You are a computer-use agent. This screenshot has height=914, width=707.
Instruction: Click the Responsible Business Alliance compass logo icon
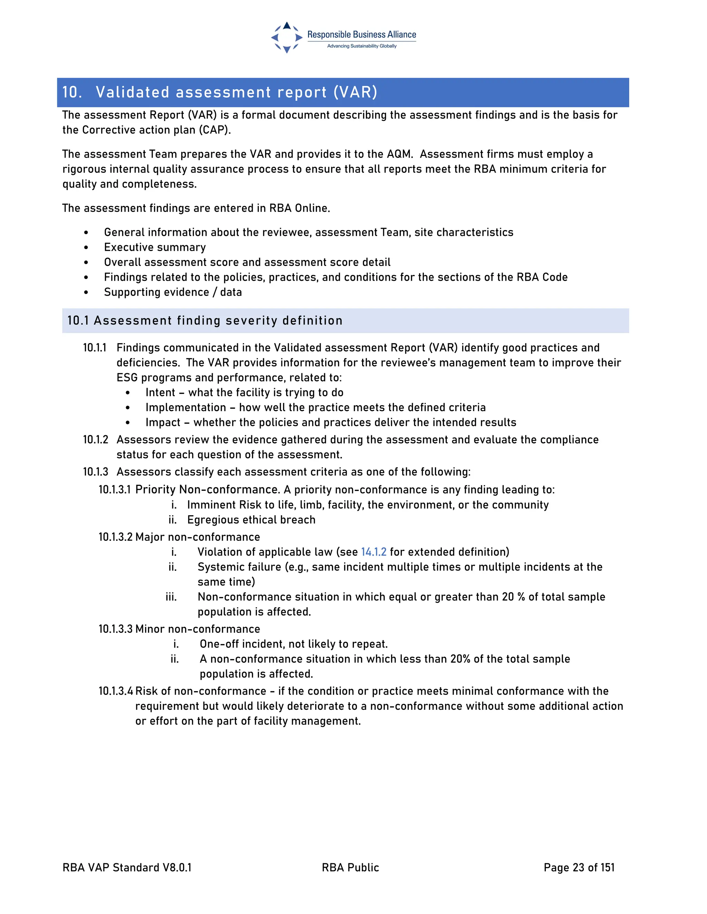tap(287, 37)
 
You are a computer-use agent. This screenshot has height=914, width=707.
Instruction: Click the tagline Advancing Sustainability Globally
tap(361, 46)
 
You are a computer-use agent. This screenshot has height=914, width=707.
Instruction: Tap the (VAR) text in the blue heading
tap(355, 92)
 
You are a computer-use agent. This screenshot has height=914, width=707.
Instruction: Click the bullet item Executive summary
tap(155, 247)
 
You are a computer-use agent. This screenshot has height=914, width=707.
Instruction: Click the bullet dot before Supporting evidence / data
tap(86, 292)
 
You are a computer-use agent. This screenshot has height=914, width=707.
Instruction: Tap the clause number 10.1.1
tap(95, 348)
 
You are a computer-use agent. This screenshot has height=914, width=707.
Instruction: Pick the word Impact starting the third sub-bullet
tap(163, 423)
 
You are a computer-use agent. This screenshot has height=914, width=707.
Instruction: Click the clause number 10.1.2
tap(96, 440)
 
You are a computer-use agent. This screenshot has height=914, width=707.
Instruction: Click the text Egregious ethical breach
tap(251, 520)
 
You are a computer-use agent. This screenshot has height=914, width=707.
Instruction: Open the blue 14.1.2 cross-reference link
tap(374, 552)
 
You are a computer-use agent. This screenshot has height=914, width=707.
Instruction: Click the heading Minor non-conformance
tap(198, 629)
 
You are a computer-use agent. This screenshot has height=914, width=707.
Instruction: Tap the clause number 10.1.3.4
tap(116, 691)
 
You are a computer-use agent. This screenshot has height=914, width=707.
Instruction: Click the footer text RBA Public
tap(350, 867)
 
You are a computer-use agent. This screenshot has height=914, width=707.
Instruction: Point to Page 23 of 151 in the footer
tap(579, 867)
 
